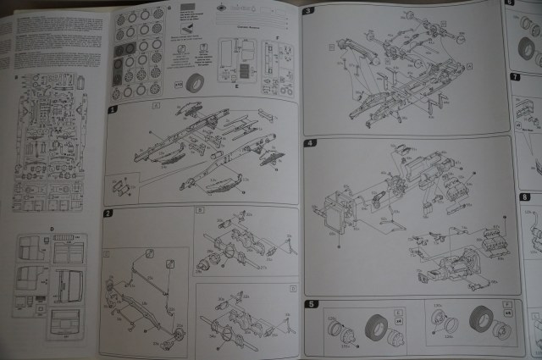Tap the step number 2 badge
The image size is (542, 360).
point(108,213)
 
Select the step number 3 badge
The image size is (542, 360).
point(308,10)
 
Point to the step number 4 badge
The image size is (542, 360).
point(310,142)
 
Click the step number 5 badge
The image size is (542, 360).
point(311,304)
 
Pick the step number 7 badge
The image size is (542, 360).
point(516,78)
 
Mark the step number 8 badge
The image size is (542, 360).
point(524,197)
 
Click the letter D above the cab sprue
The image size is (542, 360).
point(53,229)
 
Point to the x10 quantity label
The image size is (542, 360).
point(176,83)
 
